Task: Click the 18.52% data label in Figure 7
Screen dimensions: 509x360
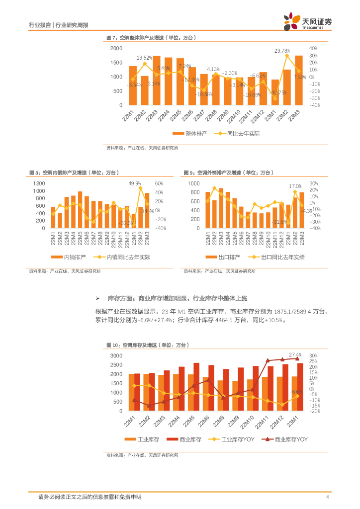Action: click(144, 58)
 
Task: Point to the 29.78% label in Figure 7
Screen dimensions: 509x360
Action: click(282, 51)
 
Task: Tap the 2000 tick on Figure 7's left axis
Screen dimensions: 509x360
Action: click(116, 48)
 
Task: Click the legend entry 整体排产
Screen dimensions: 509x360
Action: click(191, 133)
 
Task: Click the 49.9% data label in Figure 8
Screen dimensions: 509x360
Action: click(135, 183)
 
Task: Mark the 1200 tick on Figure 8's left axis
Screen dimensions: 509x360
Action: click(39, 183)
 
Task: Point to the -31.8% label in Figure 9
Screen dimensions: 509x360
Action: click(280, 222)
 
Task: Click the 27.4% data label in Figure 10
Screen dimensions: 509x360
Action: click(295, 354)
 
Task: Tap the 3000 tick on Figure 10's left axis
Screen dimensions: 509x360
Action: click(116, 356)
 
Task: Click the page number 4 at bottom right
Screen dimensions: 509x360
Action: click(327, 497)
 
